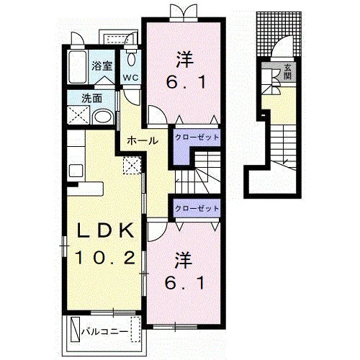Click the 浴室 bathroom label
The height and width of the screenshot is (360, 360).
point(102,66)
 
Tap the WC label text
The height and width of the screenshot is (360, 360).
point(131,78)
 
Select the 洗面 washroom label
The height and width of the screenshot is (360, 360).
point(92,99)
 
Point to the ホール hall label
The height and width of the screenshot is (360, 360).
point(143,140)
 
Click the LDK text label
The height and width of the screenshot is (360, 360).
point(104,230)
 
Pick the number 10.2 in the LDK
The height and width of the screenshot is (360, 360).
point(105,257)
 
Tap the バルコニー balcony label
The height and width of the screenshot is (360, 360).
point(104,332)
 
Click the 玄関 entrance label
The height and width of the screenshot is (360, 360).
point(287,71)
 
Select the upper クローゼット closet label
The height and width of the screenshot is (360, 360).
point(197,138)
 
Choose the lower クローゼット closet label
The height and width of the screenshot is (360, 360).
point(197,208)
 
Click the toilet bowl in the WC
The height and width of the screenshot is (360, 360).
point(131,60)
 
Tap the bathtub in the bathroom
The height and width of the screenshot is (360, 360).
point(77,67)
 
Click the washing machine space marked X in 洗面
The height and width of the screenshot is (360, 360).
point(78,114)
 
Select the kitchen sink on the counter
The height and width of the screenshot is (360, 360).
point(76,171)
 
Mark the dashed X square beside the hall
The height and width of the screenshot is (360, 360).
point(132,165)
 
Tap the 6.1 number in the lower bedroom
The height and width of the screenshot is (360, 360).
point(185,283)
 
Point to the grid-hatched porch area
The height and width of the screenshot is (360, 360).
point(279,34)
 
